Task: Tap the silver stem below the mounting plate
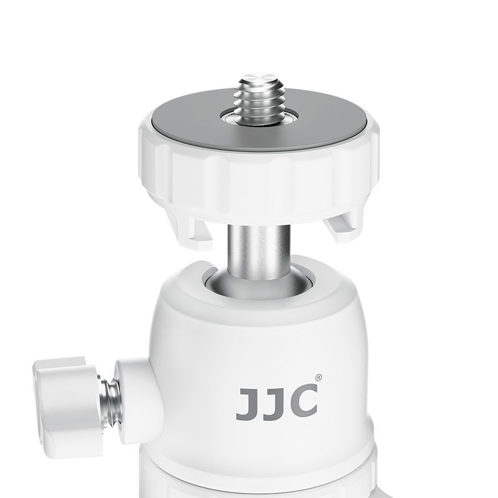pyautogui.click(x=258, y=249)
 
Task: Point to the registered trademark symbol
pyautogui.click(x=318, y=377)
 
